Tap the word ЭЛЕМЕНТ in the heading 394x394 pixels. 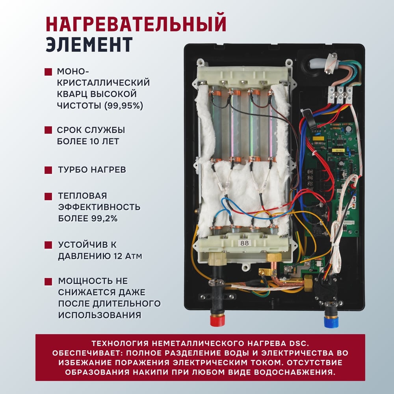pos(89,45)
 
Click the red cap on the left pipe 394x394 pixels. pos(217,320)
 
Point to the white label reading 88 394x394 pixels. pos(245,243)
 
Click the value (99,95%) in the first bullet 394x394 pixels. pos(124,106)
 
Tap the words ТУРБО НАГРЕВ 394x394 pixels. pos(92,169)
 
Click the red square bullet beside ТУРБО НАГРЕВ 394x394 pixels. pos(48,170)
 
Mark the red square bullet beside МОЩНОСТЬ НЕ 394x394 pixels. pos(48,281)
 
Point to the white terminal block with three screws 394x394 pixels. pos(340,95)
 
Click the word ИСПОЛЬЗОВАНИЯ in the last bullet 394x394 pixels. pos(100,315)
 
